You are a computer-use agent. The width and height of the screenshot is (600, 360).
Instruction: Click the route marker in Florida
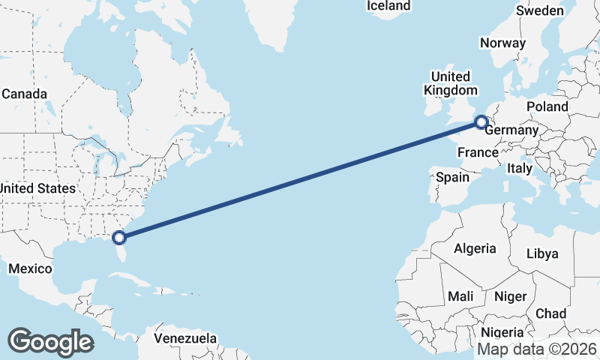coord(118,238)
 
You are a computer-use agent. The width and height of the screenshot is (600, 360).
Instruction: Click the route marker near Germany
coord(481,121)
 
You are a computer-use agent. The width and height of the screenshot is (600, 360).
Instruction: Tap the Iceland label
coord(388,6)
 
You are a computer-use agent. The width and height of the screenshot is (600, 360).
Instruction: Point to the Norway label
coord(502,43)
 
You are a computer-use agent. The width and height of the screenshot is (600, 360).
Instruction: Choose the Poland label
coord(547,107)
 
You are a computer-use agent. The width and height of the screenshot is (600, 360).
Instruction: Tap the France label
coord(478,153)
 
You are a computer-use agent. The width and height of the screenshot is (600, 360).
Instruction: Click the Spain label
coord(452,178)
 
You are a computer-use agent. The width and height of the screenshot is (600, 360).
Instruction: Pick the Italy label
coord(518,169)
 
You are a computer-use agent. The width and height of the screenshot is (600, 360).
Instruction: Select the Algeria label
coord(475,248)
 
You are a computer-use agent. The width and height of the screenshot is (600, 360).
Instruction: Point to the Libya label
coord(542,253)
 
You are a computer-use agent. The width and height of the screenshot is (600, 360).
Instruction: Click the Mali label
coord(460,297)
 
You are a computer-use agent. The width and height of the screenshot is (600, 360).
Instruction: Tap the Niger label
coord(510,297)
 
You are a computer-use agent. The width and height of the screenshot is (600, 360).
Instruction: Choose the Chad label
coord(550,313)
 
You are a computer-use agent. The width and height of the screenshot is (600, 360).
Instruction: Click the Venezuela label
coord(185,338)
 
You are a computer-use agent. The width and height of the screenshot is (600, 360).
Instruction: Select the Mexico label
coord(30,268)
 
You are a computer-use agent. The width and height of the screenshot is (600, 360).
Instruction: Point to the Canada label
coord(24,94)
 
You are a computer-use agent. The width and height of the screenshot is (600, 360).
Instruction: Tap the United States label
coord(37,188)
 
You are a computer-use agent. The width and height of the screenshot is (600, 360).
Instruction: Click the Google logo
coord(50,341)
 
